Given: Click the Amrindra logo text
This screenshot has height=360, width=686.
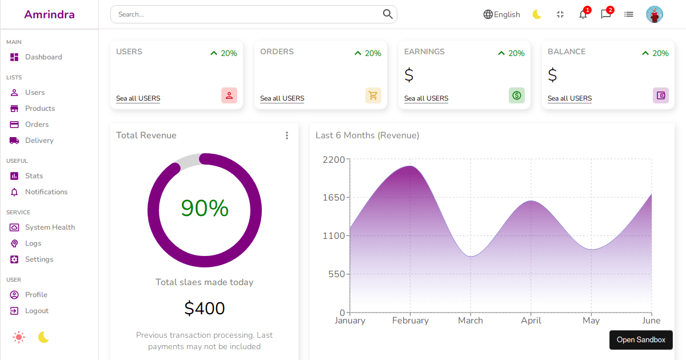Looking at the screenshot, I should pos(49,14).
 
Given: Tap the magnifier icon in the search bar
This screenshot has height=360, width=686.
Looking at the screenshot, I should pos(388,14).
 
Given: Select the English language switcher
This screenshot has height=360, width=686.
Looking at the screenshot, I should pos(501,14).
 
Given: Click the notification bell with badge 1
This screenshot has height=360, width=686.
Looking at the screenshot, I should pos(583,14).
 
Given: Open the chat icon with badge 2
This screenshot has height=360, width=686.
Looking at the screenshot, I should pos(606,14).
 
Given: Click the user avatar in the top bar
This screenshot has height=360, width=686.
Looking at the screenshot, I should pos(654,14).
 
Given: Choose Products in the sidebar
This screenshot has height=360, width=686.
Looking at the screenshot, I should pos(39,109).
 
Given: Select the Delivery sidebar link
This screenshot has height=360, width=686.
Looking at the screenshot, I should pos(39,141).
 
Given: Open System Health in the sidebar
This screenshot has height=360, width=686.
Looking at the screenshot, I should pos(50,227).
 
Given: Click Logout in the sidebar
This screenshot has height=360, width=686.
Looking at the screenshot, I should pos(37,311).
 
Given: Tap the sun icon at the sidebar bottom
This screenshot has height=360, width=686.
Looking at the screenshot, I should pos(19,337).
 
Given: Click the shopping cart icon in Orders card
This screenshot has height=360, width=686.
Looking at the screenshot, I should pos(373,95).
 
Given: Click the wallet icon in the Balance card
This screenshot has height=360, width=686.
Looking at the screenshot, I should pos(661,95).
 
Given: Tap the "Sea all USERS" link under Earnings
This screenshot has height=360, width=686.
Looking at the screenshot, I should pos(426,98).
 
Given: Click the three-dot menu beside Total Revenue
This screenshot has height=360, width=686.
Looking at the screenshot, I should pos(287,135).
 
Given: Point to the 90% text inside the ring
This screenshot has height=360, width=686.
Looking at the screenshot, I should pos(205,209).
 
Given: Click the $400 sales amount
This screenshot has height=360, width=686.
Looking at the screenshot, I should pos(205,309).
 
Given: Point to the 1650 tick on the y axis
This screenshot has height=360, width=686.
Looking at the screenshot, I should pos(334,198).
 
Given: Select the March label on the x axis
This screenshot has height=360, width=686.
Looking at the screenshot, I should pos(470,321).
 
